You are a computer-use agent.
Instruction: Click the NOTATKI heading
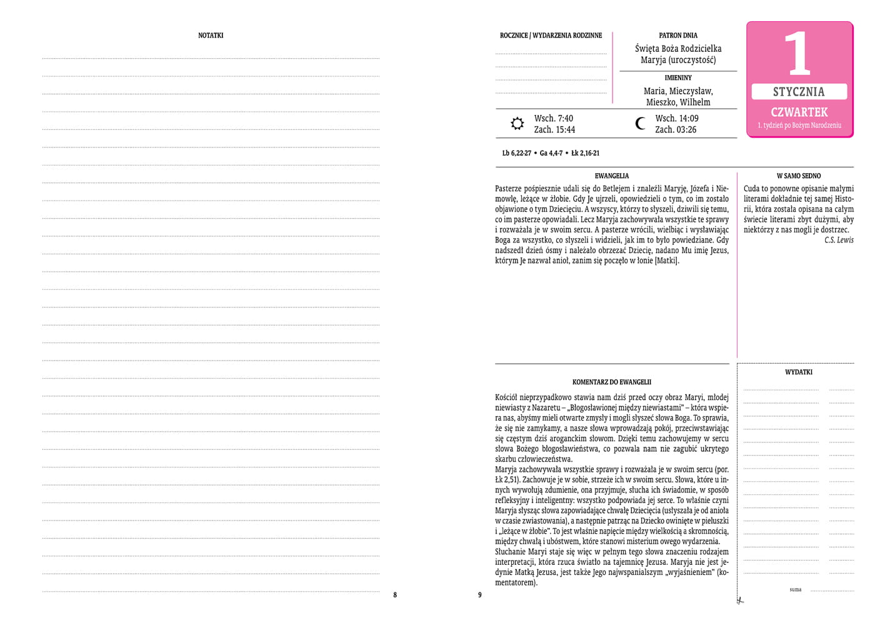211,36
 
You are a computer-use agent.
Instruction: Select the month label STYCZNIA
799,92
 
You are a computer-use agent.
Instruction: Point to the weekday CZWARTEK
799,112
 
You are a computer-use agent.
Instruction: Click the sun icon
517,124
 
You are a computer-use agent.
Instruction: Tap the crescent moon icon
640,124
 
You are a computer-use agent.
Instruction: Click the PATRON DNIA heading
678,36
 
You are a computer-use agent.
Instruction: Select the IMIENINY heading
678,78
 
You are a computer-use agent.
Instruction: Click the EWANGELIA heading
612,176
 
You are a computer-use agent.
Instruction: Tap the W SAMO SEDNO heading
799,176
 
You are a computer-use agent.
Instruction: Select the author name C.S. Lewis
838,240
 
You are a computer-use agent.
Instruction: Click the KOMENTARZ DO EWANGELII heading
612,382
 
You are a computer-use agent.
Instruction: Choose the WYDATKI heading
799,372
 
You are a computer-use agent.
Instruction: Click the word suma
795,589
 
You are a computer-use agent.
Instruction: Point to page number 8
395,595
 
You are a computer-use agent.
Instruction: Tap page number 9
480,595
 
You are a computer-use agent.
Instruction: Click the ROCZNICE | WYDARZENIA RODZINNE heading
551,36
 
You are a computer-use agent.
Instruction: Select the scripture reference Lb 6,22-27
516,153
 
